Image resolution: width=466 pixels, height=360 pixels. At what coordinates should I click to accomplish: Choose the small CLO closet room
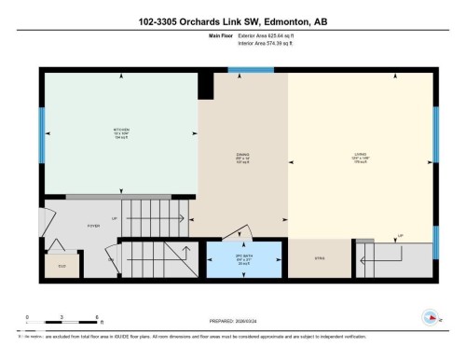point(62,267)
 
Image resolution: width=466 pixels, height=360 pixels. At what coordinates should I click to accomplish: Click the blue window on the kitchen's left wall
point(41,134)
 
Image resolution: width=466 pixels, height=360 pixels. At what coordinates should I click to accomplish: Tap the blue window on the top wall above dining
point(244,69)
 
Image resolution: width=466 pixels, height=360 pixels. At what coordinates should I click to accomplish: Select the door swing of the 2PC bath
point(243,233)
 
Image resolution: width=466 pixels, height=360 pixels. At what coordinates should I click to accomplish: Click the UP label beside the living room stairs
point(399,235)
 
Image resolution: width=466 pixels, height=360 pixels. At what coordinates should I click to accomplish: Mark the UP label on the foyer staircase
point(115,219)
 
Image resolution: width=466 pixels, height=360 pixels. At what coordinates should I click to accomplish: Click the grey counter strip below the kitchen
point(130,196)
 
